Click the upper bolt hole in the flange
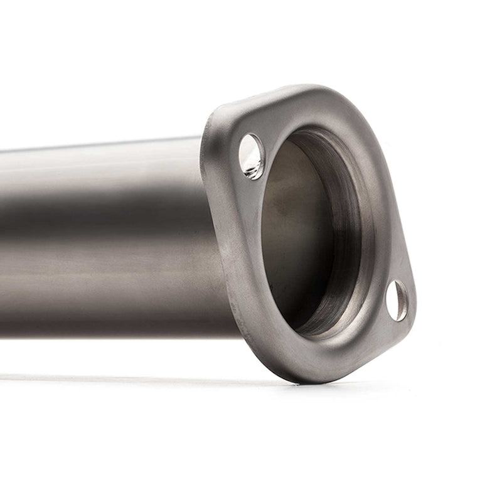[252, 156]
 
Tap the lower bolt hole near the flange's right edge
[397, 301]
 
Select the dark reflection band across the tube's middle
[94, 220]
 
